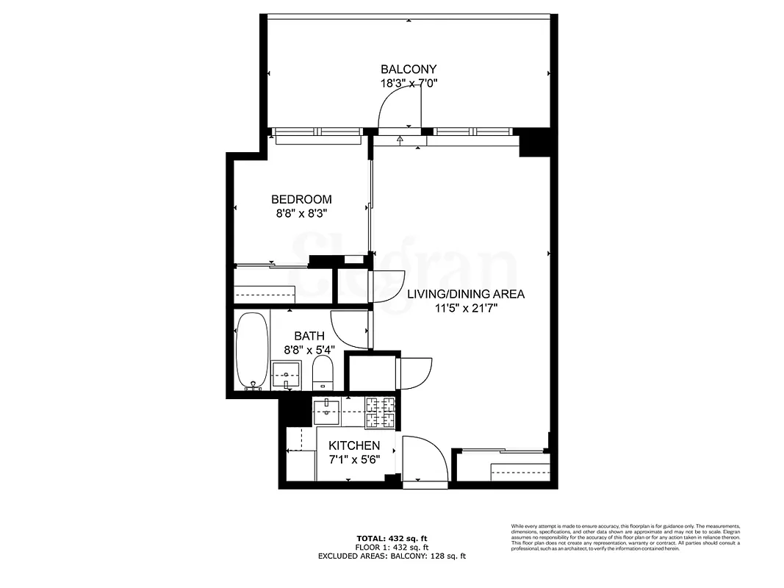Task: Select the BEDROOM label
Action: [x=301, y=199]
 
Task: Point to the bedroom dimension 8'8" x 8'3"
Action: [x=301, y=214]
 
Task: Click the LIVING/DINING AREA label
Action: [x=466, y=294]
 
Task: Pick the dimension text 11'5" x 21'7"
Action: [x=466, y=309]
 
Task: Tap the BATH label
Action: [x=309, y=336]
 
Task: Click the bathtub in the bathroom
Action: [x=252, y=351]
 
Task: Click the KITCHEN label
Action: [x=354, y=445]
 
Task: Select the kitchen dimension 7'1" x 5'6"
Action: [x=354, y=460]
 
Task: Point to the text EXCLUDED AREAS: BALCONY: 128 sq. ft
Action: [x=392, y=556]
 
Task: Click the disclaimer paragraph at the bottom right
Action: [x=625, y=538]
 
